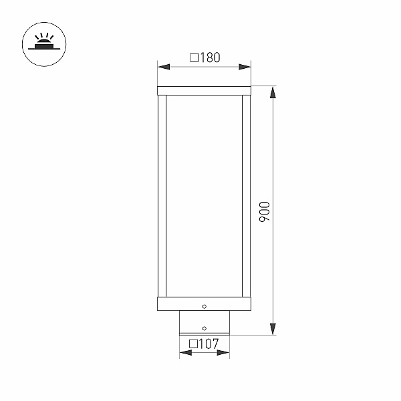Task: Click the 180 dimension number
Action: [211, 57]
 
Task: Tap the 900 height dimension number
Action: [265, 212]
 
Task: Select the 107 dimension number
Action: [209, 344]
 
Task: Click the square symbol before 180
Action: [194, 57]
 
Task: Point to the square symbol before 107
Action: [194, 344]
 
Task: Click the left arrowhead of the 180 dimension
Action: [164, 67]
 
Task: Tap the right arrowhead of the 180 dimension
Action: [245, 67]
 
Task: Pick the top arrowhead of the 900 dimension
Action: [273, 92]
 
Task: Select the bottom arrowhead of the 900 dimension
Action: [273, 329]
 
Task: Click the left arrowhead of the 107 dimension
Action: [186, 353]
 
